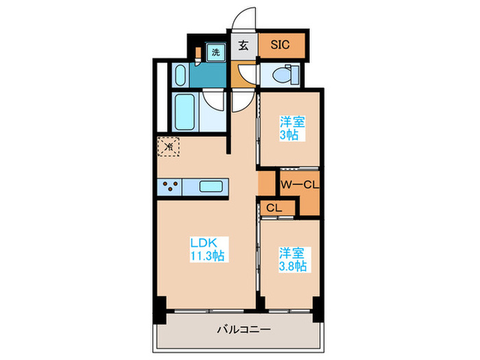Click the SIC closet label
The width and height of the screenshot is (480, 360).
(x=280, y=45)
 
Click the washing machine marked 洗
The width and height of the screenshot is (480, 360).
(x=215, y=51)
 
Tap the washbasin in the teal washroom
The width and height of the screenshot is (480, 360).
(x=180, y=73)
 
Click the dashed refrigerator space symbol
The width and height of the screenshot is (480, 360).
(x=169, y=146)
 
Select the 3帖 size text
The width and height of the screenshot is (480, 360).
(x=289, y=135)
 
